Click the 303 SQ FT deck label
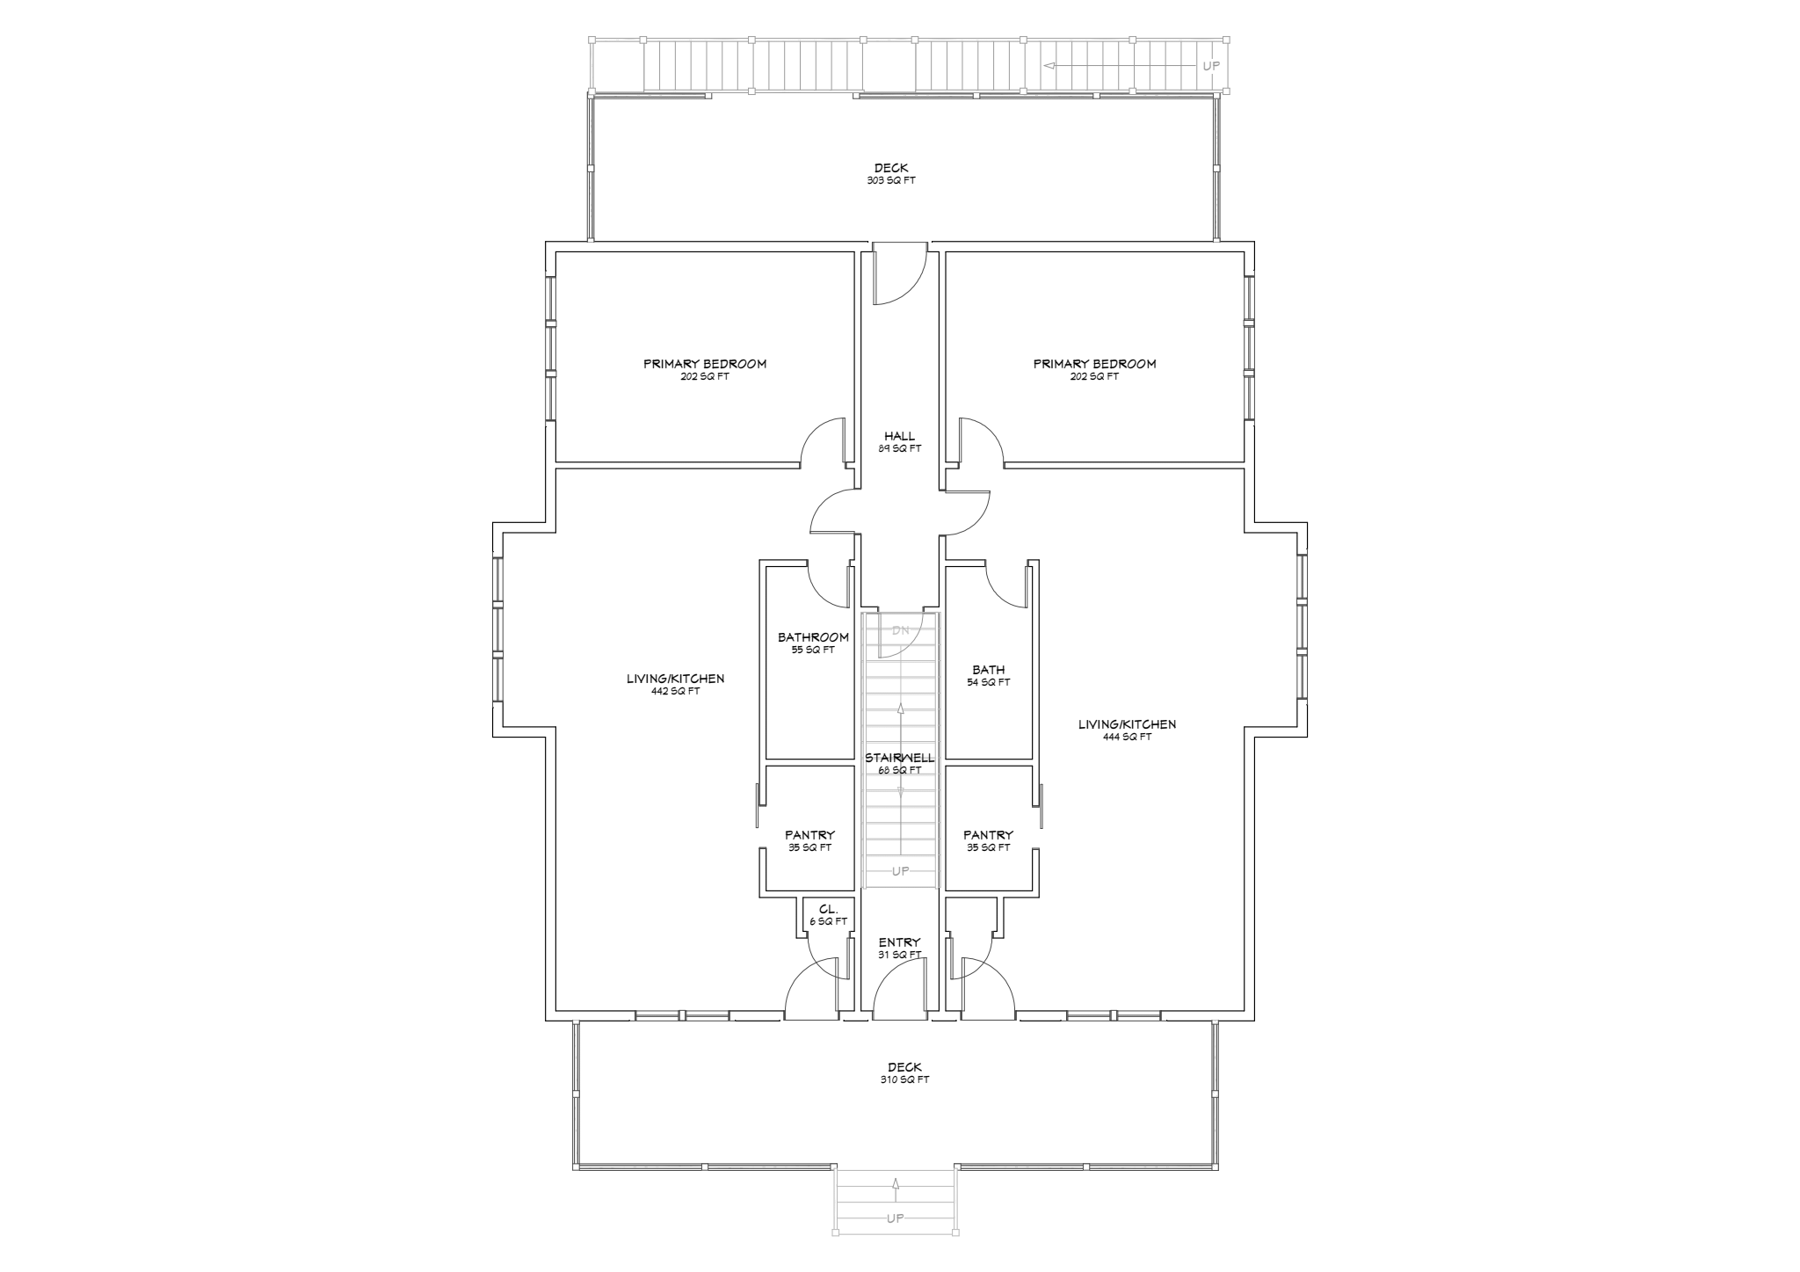point(891,174)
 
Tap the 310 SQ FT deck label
point(904,1073)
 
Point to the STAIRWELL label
point(900,758)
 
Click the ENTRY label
point(900,943)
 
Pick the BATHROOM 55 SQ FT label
point(813,643)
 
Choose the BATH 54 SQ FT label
point(989,676)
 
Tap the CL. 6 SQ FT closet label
point(828,915)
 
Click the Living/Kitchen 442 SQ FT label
point(675,684)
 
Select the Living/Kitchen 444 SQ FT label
point(1127,730)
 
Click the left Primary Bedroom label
point(705,369)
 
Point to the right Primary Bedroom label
point(1094,369)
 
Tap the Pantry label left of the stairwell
point(809,841)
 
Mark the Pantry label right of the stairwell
point(988,841)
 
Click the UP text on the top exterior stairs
point(1211,66)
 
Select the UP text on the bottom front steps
point(895,1218)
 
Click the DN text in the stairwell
point(901,630)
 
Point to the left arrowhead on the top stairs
point(1049,66)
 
